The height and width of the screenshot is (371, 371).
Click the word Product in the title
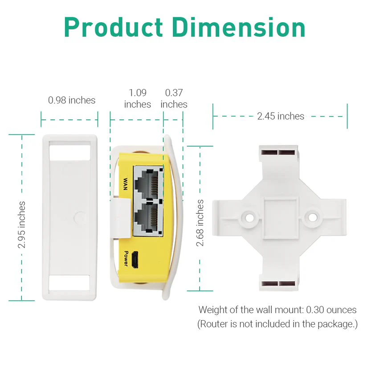click(x=113, y=27)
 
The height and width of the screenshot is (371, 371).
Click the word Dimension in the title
click(x=239, y=27)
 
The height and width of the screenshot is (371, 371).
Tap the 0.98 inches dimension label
click(x=72, y=100)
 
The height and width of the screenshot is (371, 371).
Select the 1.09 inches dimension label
click(x=138, y=98)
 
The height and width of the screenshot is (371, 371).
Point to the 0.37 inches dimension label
click(x=174, y=98)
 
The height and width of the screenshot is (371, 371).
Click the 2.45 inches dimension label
click(x=281, y=116)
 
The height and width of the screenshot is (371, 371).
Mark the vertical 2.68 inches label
click(x=200, y=223)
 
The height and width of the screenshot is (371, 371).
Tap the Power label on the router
click(x=126, y=258)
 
